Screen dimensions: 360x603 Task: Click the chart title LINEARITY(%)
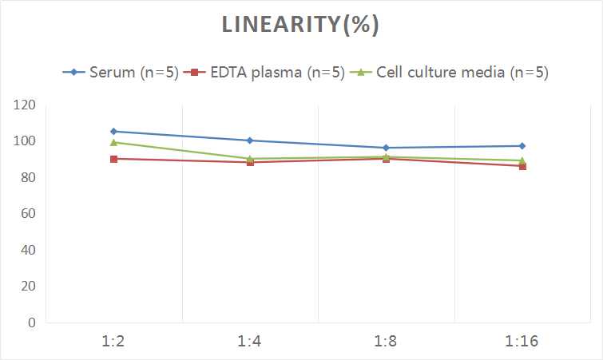[301, 25]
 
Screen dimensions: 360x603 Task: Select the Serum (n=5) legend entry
[128, 73]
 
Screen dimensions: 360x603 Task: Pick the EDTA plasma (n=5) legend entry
[272, 73]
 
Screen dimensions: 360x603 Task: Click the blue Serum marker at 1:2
[113, 131]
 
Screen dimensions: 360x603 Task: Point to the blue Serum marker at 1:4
[250, 140]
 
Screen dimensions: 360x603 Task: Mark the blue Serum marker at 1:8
[386, 148]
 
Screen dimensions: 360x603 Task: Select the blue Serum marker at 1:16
[522, 146]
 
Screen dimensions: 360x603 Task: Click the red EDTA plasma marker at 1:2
[113, 159]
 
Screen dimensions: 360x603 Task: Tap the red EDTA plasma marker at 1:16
[522, 166]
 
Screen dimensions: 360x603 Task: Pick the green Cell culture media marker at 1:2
[113, 142]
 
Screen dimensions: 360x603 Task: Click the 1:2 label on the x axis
[113, 342]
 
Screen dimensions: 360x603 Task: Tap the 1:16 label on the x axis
[522, 342]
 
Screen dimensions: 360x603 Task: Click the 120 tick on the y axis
[26, 105]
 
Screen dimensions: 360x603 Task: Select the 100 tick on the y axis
[26, 141]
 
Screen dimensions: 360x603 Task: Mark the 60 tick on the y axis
[29, 214]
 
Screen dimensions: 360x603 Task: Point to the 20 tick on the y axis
[29, 287]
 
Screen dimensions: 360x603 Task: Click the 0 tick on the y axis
[32, 322]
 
